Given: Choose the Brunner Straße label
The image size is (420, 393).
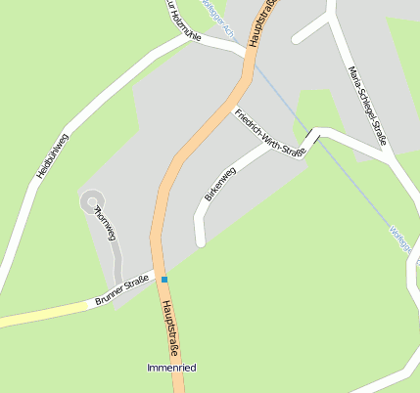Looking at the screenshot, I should coord(121,291).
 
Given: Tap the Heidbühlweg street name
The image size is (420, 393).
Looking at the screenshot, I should coord(53,154).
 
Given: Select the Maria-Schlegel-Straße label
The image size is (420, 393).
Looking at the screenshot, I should coord(368,106).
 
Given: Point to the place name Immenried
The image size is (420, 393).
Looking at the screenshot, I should coord(171,368).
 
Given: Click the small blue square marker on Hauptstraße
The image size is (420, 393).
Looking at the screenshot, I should coord(164,281).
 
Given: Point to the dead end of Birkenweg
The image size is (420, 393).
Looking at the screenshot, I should coord(201,240).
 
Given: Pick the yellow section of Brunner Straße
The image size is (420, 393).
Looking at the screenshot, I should coord(39,313).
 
